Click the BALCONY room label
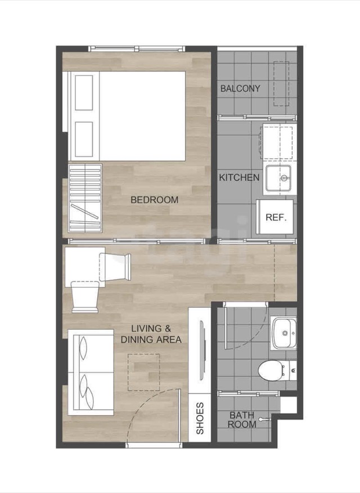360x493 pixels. point(240,88)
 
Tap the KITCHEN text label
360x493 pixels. point(240,177)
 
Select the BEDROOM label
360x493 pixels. point(154,200)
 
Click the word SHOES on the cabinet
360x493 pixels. point(200,418)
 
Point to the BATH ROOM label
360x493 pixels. point(242,420)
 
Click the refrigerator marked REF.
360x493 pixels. point(275,217)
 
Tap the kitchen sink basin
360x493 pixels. point(278,178)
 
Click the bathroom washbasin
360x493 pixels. point(284,333)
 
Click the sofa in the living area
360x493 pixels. point(91,372)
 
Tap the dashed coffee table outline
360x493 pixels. point(143,372)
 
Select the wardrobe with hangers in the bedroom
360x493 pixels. point(85,198)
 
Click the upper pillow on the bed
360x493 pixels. point(84,93)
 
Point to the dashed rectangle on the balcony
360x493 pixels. point(281,84)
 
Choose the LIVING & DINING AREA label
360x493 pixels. point(151,334)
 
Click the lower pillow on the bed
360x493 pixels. point(84,139)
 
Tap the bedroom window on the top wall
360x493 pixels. point(136,48)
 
